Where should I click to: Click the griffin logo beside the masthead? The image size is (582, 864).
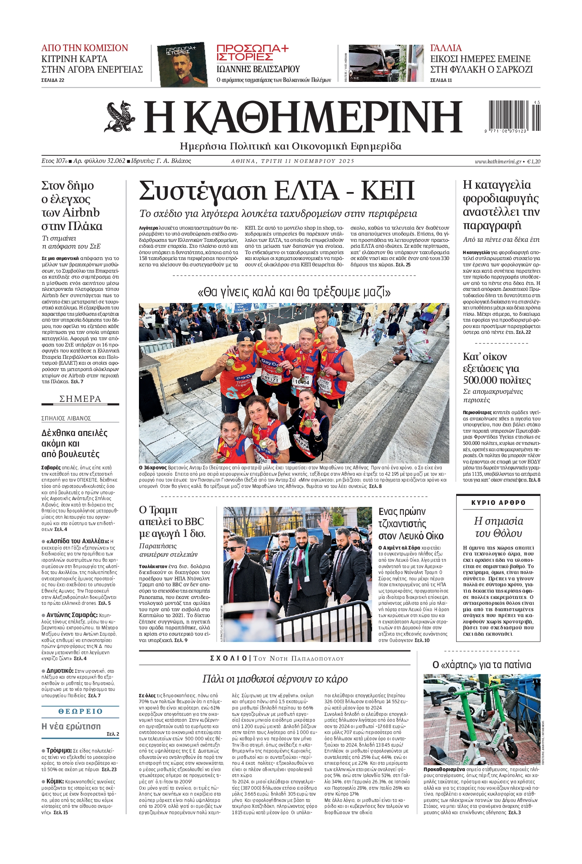(120, 117)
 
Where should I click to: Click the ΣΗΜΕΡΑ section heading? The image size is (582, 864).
(80, 399)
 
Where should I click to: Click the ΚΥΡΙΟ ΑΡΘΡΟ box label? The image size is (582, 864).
(498, 503)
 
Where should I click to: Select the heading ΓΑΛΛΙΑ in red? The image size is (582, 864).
(446, 48)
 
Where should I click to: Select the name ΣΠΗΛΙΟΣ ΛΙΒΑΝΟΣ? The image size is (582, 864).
(66, 418)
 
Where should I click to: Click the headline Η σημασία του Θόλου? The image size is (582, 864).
(498, 527)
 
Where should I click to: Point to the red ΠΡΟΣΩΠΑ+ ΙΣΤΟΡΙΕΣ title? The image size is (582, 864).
(252, 53)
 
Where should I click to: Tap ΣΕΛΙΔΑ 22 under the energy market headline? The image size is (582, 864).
(53, 80)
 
